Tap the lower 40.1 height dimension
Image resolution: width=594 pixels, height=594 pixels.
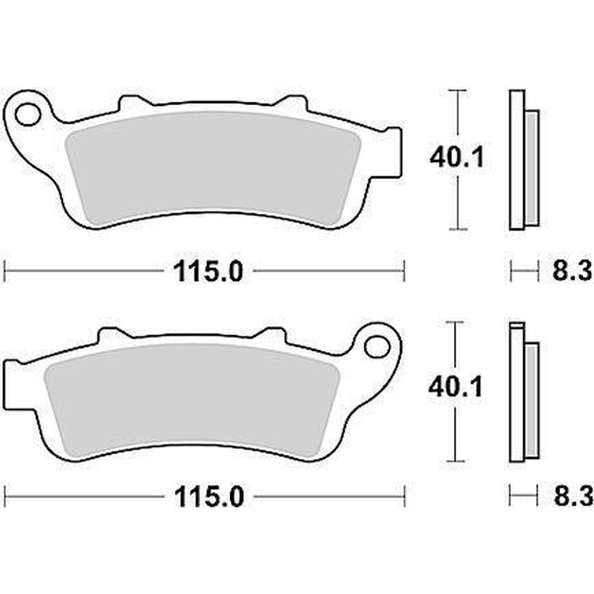(455, 388)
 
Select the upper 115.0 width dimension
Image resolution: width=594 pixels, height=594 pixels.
(208, 271)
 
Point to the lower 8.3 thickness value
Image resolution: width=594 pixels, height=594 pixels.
(572, 496)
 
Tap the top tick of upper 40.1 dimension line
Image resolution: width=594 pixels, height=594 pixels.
(458, 91)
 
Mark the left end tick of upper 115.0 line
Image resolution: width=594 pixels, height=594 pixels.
(6, 271)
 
